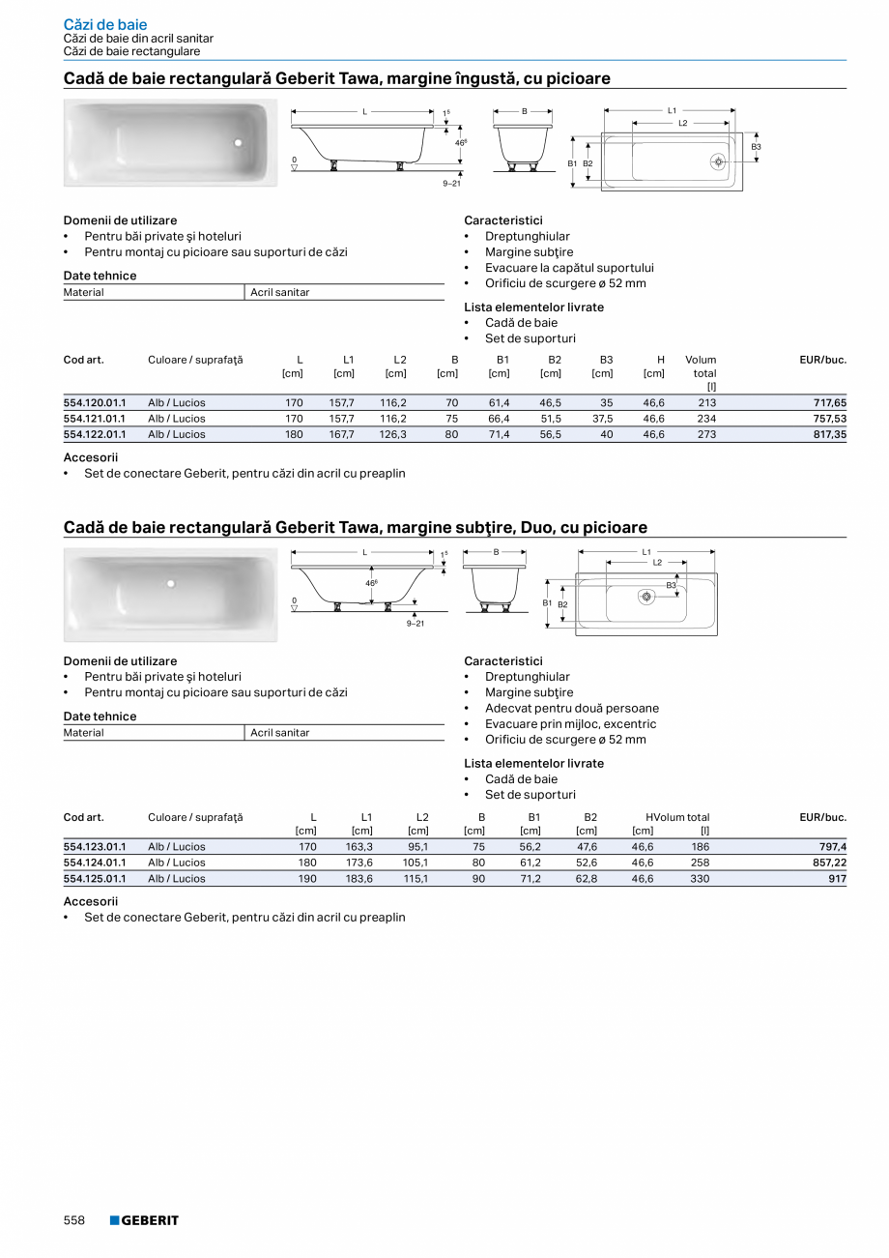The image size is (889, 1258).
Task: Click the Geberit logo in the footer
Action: [x=144, y=1220]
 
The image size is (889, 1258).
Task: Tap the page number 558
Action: [x=74, y=1220]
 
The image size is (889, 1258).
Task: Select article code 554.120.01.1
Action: [x=94, y=402]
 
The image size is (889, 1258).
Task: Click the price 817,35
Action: [x=828, y=434]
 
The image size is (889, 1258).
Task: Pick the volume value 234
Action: [x=705, y=419]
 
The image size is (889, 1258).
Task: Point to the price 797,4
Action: [x=832, y=846]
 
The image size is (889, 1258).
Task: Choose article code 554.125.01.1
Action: [x=94, y=878]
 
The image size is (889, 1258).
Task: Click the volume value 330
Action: [x=700, y=878]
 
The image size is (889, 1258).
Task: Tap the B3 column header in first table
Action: [x=606, y=360]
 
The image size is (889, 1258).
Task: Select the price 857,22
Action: [x=828, y=862]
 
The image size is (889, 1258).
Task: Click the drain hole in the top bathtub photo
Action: [x=238, y=143]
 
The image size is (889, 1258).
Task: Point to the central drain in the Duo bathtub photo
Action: [x=170, y=583]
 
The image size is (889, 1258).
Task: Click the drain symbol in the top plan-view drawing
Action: [x=718, y=161]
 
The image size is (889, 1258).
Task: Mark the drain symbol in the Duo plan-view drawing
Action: [x=646, y=597]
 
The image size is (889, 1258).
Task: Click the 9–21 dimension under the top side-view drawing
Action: [x=451, y=183]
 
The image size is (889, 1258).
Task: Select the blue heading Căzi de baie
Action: [x=105, y=24]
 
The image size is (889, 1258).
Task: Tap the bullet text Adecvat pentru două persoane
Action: [x=572, y=708]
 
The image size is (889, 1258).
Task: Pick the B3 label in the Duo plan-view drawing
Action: [x=671, y=585]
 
